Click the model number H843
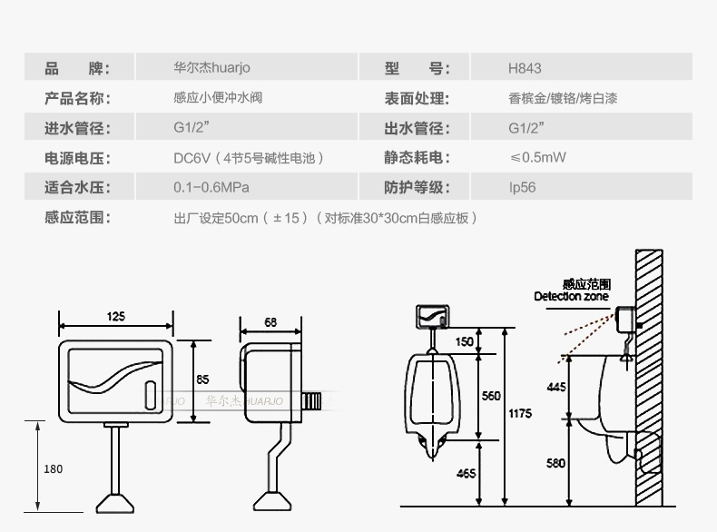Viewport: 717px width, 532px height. click(525, 68)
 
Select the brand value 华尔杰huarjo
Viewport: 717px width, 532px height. click(211, 68)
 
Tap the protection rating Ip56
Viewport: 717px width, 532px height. click(522, 188)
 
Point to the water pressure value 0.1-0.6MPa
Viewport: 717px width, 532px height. click(211, 188)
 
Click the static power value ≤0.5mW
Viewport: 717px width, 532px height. click(537, 158)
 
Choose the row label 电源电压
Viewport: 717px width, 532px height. click(77, 158)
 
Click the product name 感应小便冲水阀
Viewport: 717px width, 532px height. click(218, 98)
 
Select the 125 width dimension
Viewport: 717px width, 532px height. click(116, 316)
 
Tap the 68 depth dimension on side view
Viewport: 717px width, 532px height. click(270, 321)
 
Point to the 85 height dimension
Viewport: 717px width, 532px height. click(202, 379)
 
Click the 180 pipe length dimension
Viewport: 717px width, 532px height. click(54, 468)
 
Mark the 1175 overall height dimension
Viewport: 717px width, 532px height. click(519, 414)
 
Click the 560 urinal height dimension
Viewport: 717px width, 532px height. click(491, 396)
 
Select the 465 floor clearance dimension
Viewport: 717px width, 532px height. click(491, 474)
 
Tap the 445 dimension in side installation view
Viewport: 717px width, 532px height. click(556, 388)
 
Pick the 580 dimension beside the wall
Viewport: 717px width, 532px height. click(556, 463)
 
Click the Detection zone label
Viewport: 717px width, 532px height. click(571, 296)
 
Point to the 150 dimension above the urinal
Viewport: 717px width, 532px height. click(465, 341)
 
